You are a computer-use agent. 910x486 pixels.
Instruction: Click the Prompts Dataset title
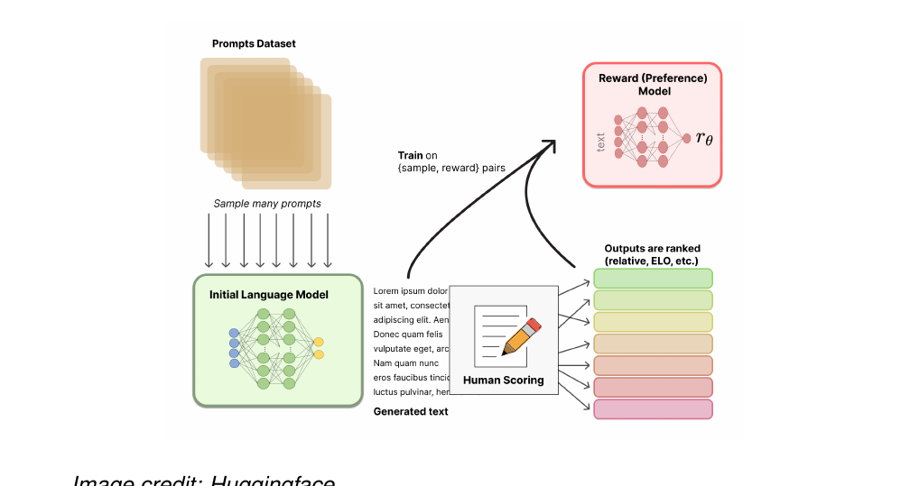pyautogui.click(x=254, y=43)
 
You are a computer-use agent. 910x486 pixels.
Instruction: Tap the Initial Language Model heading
pyautogui.click(x=269, y=295)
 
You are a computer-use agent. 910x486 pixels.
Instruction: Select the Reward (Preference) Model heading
pyautogui.click(x=653, y=85)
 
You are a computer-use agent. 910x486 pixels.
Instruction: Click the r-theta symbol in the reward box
pyautogui.click(x=704, y=138)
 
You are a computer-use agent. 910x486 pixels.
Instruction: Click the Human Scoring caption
pyautogui.click(x=503, y=380)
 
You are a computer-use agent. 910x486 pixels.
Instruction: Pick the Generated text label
pyautogui.click(x=411, y=411)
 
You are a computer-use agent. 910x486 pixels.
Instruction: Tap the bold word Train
pyautogui.click(x=411, y=156)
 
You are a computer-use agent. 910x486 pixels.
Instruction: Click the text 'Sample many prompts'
pyautogui.click(x=267, y=204)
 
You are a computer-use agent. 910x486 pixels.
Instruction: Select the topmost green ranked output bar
pyautogui.click(x=653, y=278)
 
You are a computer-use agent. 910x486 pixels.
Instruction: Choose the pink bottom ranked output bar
pyautogui.click(x=653, y=408)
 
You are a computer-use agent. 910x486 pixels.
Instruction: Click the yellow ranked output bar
pyautogui.click(x=653, y=322)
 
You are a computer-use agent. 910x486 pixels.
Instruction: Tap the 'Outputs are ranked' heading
pyautogui.click(x=652, y=248)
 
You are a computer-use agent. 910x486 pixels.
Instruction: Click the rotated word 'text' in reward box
pyautogui.click(x=601, y=141)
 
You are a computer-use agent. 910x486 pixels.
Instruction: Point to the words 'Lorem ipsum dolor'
pyautogui.click(x=411, y=291)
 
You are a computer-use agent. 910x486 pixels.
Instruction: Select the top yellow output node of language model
pyautogui.click(x=318, y=343)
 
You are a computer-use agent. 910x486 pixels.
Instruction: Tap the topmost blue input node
pyautogui.click(x=234, y=333)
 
